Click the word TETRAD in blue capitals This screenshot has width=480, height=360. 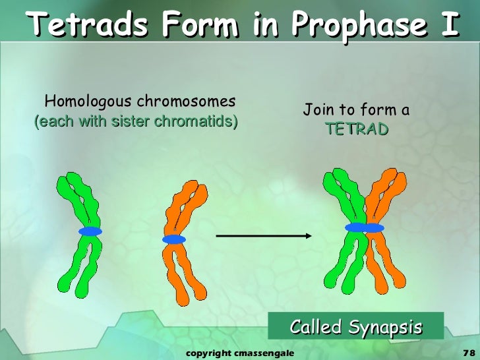click(x=357, y=129)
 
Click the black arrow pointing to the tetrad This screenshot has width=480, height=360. click(x=264, y=235)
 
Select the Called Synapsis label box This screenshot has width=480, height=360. click(x=356, y=326)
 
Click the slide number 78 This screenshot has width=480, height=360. click(x=469, y=353)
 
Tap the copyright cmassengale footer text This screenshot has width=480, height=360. click(x=239, y=353)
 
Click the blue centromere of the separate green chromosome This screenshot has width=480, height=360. click(x=90, y=231)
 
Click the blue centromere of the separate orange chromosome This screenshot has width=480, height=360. click(x=174, y=239)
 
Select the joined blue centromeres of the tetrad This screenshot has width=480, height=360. click(x=364, y=227)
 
